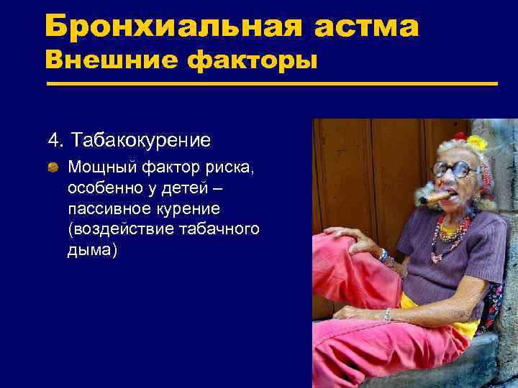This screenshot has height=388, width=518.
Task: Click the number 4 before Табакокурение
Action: (53, 139)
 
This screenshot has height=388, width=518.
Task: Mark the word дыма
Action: (91, 251)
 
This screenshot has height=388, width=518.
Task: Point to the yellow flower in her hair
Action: (476, 142)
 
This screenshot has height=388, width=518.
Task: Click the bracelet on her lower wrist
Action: (387, 314)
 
